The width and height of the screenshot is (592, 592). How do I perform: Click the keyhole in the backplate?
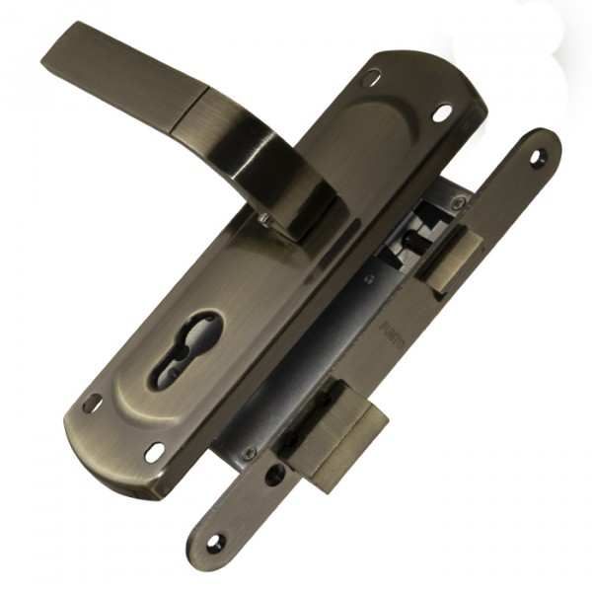pos(185,348)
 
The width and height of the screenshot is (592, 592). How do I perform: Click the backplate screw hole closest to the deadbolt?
pos(155,452)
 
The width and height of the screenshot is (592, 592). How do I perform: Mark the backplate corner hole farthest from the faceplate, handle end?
pos(372,76)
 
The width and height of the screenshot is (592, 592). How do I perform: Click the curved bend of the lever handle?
pos(286,158)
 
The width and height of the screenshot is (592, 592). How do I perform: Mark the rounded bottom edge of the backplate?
pos(109,464)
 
